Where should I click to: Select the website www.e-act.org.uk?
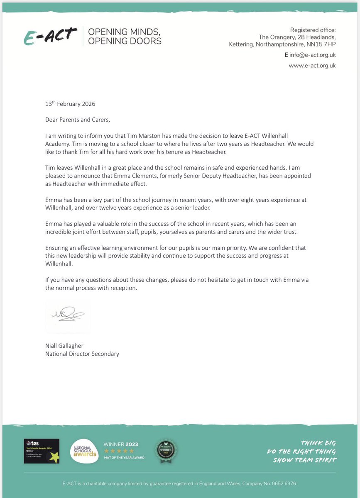312,66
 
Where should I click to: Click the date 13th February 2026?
70,104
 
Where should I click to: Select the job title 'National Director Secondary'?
82,354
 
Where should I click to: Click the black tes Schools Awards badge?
42,451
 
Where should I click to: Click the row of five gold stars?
119,451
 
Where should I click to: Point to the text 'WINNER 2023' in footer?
121,444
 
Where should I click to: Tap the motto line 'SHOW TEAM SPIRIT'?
304,460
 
